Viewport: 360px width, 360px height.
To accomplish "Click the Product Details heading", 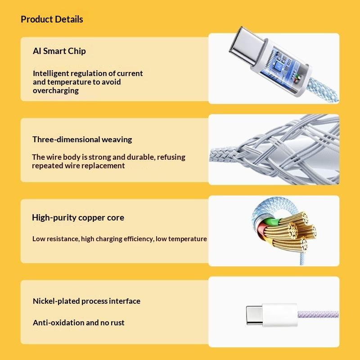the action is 52,19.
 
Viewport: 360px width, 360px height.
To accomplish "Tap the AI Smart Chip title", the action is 59,51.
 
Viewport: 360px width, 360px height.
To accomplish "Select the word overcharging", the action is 56,91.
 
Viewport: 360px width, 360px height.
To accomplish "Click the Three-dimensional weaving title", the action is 82,139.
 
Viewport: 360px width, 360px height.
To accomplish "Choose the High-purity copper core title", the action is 78,217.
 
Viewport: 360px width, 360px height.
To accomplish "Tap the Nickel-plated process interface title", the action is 86,301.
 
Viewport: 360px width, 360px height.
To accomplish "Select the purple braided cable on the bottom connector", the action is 318,314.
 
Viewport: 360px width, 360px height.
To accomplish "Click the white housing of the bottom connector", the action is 279,315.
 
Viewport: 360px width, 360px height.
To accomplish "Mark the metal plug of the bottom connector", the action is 254,315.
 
